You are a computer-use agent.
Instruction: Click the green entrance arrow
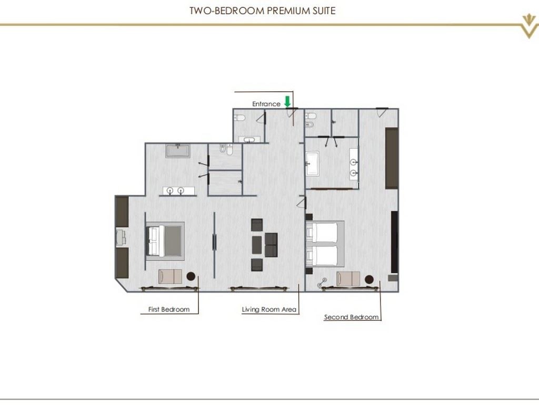287,101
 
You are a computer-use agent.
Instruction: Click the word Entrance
266,104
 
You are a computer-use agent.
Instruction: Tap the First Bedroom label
168,310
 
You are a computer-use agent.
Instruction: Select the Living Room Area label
269,310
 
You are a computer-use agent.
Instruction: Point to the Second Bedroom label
351,317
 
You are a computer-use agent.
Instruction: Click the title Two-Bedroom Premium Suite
263,11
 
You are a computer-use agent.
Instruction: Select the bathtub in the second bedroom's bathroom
312,163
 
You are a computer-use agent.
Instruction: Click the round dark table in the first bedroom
190,276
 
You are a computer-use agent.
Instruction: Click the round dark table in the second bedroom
370,279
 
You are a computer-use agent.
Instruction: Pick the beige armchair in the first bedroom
170,276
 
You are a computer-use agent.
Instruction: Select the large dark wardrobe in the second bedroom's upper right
392,158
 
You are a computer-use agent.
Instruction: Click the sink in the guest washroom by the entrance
249,139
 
